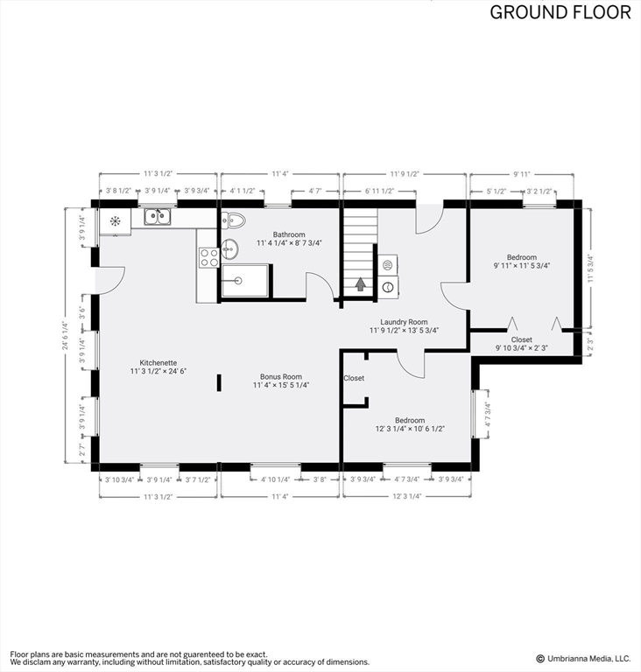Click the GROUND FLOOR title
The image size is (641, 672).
click(560, 12)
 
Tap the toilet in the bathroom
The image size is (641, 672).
click(234, 220)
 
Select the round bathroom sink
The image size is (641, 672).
click(230, 249)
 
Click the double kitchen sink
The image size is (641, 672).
click(158, 216)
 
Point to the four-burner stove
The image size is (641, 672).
click(209, 257)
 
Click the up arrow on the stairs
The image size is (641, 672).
click(360, 284)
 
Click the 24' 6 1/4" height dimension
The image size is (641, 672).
click(65, 336)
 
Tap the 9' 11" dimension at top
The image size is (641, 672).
click(522, 174)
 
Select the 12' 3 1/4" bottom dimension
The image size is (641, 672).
click(407, 496)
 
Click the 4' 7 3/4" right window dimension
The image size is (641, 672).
click(487, 414)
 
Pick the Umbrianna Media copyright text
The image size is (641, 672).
click(583, 659)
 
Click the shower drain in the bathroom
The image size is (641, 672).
click(238, 281)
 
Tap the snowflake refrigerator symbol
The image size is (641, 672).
click(115, 221)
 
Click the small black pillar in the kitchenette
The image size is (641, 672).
click(219, 382)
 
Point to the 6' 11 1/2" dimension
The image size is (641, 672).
click(379, 191)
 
